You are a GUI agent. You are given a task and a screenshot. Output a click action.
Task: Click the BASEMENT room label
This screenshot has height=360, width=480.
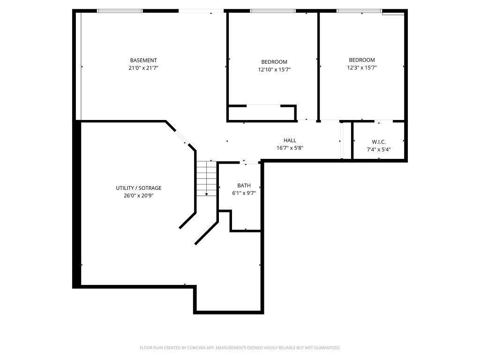pyautogui.click(x=143, y=60)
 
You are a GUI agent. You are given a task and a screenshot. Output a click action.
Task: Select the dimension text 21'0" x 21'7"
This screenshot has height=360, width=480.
pyautogui.click(x=143, y=68)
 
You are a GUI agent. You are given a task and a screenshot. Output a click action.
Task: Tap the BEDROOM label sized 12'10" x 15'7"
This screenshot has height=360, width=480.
pyautogui.click(x=274, y=62)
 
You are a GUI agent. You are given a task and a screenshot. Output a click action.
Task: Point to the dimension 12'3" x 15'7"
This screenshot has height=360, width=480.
pyautogui.click(x=362, y=67)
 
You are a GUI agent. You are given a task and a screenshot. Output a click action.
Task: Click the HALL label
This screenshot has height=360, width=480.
pyautogui.click(x=290, y=140)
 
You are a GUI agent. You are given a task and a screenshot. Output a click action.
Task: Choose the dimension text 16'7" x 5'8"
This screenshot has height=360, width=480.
pyautogui.click(x=290, y=148)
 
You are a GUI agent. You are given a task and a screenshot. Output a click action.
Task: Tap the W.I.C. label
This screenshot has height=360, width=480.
pyautogui.click(x=379, y=142)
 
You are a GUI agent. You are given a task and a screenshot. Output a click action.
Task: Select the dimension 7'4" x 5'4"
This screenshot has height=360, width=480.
pyautogui.click(x=379, y=150)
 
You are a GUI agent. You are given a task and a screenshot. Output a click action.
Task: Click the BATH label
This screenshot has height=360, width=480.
pyautogui.click(x=244, y=186)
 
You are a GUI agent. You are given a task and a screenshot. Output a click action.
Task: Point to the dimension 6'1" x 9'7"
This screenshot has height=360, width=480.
pyautogui.click(x=244, y=193)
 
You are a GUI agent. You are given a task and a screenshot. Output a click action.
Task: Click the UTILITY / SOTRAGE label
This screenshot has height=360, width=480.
pyautogui.click(x=139, y=188)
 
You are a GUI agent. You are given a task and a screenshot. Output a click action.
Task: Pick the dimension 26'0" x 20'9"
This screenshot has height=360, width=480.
pyautogui.click(x=139, y=196)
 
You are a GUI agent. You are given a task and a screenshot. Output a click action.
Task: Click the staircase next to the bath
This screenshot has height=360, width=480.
pyautogui.click(x=206, y=178)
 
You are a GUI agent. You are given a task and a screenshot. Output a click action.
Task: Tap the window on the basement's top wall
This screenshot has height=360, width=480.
pyautogui.click(x=120, y=11)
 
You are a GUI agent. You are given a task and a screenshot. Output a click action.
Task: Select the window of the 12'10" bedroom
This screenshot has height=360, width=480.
pyautogui.click(x=273, y=11)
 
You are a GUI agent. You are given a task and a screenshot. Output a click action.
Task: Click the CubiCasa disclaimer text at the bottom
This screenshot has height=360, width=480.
pyautogui.click(x=240, y=348)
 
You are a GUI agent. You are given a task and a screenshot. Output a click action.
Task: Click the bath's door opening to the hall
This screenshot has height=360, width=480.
pyautogui.click(x=251, y=162)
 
